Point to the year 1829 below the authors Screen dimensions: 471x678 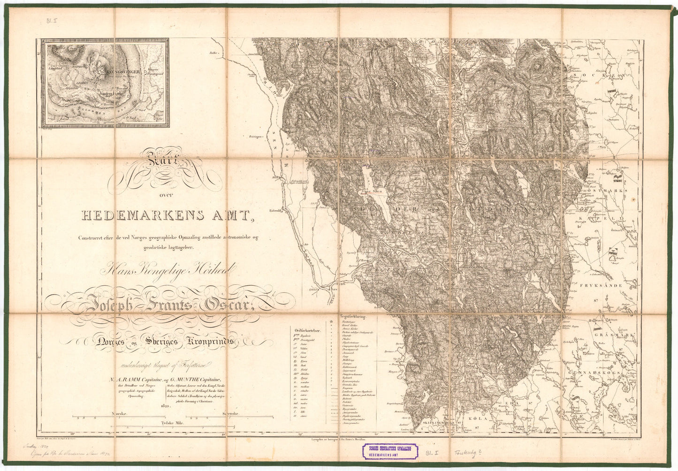(164, 406)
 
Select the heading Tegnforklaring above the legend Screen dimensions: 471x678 (354, 317)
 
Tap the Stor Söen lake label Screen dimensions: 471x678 (371, 192)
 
